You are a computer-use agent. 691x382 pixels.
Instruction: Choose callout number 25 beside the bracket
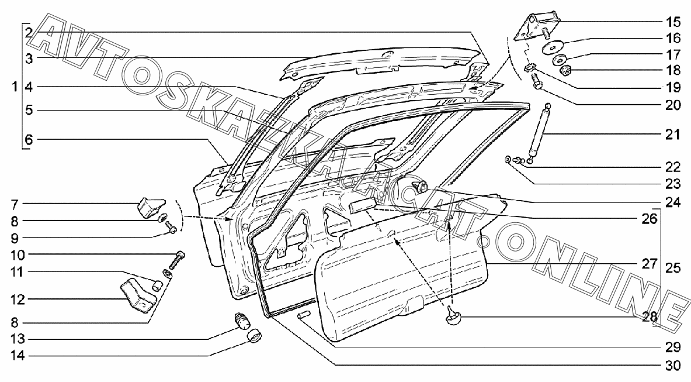[673, 269]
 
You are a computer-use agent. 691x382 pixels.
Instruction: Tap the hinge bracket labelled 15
[535, 27]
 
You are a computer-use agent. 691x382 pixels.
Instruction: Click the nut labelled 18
[566, 72]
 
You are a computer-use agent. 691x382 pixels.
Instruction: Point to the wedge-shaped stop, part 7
[148, 207]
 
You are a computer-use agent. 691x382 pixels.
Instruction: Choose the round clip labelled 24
[421, 187]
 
